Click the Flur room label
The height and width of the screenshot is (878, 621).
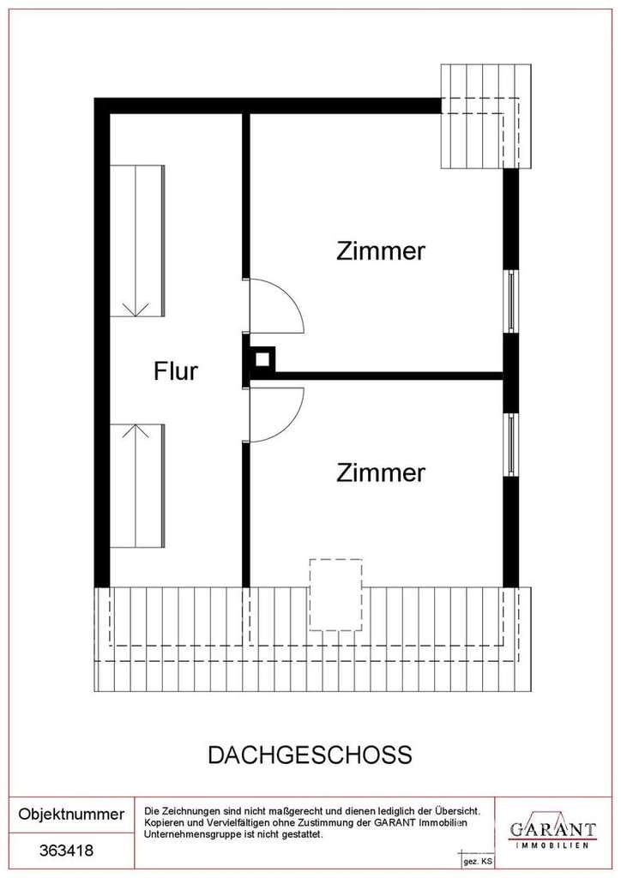click(x=176, y=371)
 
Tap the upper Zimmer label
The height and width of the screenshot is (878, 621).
click(x=381, y=251)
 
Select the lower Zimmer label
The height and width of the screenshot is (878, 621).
click(x=381, y=472)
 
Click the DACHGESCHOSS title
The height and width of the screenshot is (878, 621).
click(x=310, y=755)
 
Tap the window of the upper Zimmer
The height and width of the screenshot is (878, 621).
click(x=510, y=301)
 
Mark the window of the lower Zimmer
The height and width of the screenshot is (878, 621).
click(x=510, y=445)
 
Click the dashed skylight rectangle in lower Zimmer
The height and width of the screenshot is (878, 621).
click(x=336, y=595)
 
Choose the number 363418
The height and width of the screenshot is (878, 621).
click(x=67, y=851)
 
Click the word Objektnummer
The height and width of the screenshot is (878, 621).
click(x=72, y=814)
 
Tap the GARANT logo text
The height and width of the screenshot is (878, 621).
click(x=552, y=828)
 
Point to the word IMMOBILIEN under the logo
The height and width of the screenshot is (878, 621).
click(x=552, y=845)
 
